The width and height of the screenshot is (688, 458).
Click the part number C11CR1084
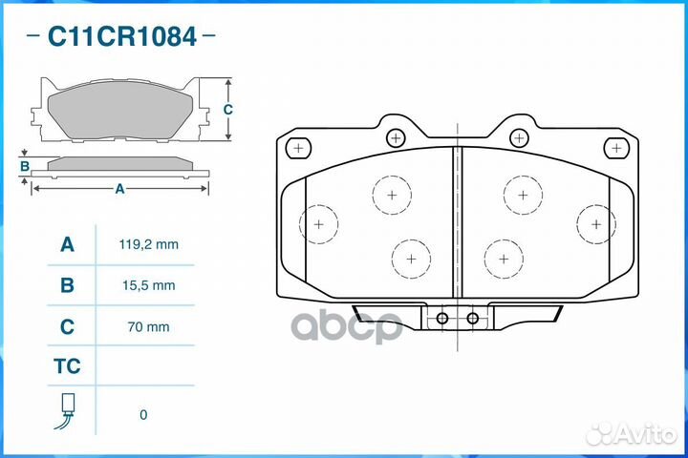[x=122, y=37]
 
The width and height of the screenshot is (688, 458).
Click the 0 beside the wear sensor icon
[x=143, y=414]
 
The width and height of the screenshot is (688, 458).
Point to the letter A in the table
[x=67, y=244]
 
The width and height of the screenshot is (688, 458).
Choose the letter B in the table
[x=67, y=285]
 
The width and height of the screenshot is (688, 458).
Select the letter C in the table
[x=67, y=326]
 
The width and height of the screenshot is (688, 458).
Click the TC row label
[x=67, y=366]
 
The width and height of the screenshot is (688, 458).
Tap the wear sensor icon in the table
[x=67, y=410]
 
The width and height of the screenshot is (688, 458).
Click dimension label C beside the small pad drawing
[x=227, y=110]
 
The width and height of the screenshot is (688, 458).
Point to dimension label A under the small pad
[x=119, y=189]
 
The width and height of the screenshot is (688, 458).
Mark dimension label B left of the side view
[x=25, y=167]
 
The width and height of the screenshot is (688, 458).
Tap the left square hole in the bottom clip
[x=442, y=318]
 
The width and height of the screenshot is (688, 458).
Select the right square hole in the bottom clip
[x=472, y=318]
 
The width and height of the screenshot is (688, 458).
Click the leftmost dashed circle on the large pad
[x=318, y=224]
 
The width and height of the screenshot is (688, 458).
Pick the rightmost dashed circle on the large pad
[x=595, y=224]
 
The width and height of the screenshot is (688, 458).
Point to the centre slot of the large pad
[x=457, y=219]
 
